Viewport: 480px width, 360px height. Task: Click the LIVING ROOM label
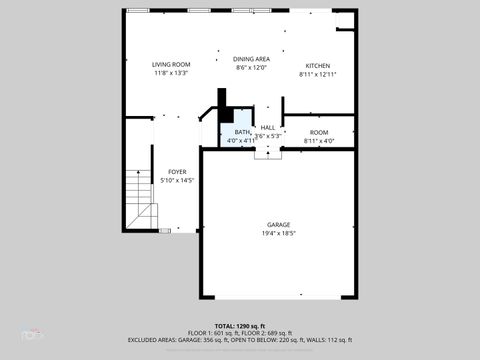click(x=171, y=64)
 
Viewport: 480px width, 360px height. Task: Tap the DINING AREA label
click(x=252, y=59)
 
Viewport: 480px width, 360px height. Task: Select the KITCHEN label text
click(x=317, y=65)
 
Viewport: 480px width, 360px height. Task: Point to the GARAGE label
click(x=278, y=224)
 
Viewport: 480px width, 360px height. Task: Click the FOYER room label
click(x=177, y=172)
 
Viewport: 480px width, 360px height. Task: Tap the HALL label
click(x=268, y=127)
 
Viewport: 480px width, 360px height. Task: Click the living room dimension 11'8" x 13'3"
click(x=171, y=73)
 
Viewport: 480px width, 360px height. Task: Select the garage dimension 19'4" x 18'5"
click(x=278, y=233)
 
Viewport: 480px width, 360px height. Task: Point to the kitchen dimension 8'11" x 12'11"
click(x=317, y=74)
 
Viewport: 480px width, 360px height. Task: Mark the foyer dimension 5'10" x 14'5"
click(x=177, y=181)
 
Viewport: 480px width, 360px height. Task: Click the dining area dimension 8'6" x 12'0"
click(x=252, y=68)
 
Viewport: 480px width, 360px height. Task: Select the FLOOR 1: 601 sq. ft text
click(x=213, y=333)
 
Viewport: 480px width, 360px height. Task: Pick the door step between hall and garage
click(x=268, y=153)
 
